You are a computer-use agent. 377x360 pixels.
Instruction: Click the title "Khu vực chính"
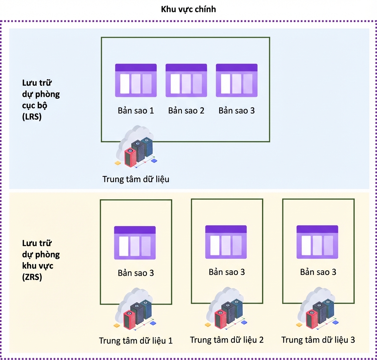tap(188, 9)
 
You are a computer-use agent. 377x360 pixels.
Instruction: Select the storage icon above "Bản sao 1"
tap(136, 80)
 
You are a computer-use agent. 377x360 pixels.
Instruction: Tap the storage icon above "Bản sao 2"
tap(186, 80)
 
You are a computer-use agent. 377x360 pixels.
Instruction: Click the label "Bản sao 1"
tap(136, 111)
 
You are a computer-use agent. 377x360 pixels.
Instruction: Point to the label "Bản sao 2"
tap(186, 111)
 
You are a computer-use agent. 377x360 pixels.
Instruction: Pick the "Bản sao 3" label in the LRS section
tap(237, 111)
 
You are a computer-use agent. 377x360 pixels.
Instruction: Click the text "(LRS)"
tap(32, 117)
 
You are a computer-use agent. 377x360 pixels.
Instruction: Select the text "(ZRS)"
tap(32, 277)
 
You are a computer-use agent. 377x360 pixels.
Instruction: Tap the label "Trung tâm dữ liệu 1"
tap(136, 341)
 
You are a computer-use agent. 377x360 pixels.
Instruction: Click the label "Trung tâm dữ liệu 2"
tap(227, 340)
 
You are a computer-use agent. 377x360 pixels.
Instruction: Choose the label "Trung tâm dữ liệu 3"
tap(318, 340)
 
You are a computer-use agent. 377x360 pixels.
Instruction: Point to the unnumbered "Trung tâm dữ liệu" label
tap(136, 179)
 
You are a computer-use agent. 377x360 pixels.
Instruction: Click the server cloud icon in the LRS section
tap(136, 146)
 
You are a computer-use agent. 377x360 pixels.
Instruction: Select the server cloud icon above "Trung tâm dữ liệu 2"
tap(226, 308)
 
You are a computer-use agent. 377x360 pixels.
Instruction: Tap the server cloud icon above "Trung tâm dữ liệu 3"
tap(318, 308)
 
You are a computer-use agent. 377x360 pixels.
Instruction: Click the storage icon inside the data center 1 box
tap(135, 243)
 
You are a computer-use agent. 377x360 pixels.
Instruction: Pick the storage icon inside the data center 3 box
tap(317, 242)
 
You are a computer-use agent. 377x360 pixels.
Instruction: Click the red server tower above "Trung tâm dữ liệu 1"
tap(130, 320)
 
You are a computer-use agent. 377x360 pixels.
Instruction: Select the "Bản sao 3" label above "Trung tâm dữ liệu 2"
tap(227, 272)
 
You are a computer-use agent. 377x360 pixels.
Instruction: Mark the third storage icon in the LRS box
tap(237, 80)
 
